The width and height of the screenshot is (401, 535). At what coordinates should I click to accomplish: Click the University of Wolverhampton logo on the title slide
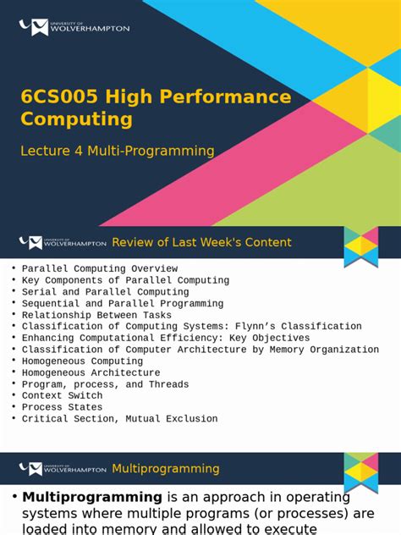(74, 27)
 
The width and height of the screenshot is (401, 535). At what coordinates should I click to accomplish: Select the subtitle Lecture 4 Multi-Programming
(118, 151)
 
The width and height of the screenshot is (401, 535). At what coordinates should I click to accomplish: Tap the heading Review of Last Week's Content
(201, 243)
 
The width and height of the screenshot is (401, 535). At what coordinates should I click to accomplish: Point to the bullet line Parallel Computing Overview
(100, 268)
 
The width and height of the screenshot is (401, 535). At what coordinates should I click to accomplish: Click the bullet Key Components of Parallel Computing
(125, 280)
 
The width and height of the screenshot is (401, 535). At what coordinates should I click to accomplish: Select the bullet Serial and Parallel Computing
(106, 292)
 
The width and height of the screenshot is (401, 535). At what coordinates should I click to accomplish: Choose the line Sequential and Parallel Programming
(123, 303)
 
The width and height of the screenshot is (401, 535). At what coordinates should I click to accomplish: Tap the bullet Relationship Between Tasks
(96, 315)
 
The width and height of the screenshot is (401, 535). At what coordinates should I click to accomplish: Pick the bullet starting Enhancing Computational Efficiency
(166, 338)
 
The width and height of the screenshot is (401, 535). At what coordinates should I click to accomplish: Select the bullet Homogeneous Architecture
(91, 372)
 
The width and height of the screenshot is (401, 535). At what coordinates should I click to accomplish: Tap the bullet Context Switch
(62, 395)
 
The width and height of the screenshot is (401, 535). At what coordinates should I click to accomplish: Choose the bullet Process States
(62, 407)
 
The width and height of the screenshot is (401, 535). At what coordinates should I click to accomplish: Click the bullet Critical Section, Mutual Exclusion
(119, 418)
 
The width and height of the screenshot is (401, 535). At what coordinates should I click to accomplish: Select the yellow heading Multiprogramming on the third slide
(165, 468)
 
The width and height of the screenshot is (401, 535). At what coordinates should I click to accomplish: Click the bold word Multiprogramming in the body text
(92, 497)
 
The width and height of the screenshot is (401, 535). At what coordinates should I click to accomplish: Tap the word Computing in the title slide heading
(76, 119)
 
